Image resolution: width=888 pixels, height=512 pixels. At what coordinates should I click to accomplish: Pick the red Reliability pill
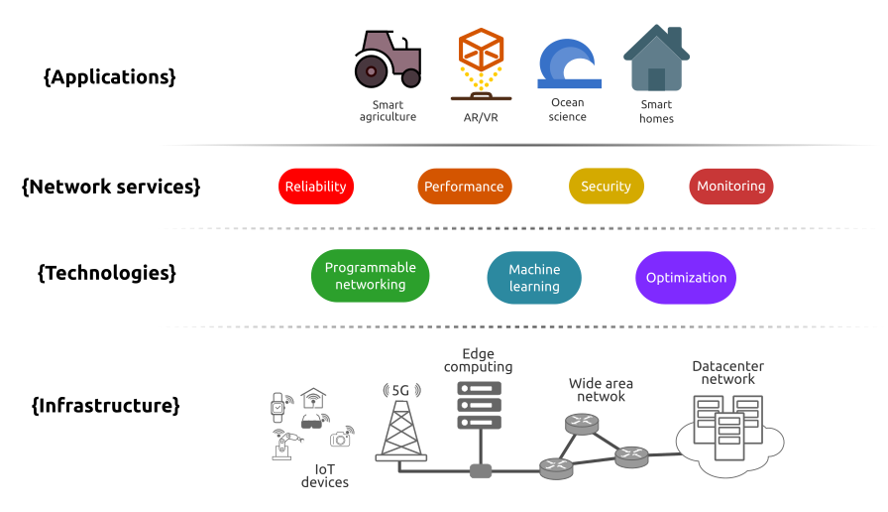pyautogui.click(x=315, y=187)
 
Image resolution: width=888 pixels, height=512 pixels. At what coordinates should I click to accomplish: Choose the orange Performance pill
pyautogui.click(x=464, y=187)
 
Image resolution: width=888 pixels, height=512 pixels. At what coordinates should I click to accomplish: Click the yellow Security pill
pyautogui.click(x=606, y=187)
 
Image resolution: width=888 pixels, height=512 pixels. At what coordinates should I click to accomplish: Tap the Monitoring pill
pyautogui.click(x=730, y=186)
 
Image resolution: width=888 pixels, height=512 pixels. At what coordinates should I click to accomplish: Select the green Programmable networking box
pyautogui.click(x=370, y=276)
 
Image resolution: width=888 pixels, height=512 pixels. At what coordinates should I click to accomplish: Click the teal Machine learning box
pyautogui.click(x=534, y=278)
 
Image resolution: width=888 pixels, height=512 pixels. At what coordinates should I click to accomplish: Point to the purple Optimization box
pyautogui.click(x=686, y=278)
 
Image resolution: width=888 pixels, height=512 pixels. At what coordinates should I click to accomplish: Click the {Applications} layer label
pyautogui.click(x=110, y=76)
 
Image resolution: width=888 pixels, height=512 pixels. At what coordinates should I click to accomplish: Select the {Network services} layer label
pyautogui.click(x=110, y=186)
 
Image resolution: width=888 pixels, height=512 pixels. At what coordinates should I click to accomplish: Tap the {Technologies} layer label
pyautogui.click(x=106, y=272)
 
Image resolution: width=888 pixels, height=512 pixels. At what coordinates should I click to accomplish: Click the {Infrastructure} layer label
pyautogui.click(x=106, y=405)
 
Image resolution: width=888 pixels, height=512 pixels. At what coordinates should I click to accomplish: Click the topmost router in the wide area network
pyautogui.click(x=582, y=424)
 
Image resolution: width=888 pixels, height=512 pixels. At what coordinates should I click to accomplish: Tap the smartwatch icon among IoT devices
pyautogui.click(x=279, y=404)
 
